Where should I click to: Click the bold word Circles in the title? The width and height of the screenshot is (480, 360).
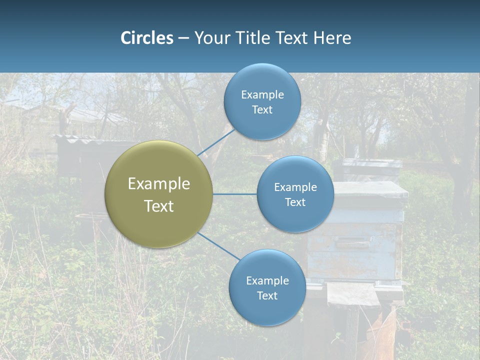click(x=146, y=38)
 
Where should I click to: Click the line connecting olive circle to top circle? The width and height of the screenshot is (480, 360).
click(x=216, y=142)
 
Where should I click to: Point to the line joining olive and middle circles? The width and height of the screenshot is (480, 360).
click(x=234, y=194)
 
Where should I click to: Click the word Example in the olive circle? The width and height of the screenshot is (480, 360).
click(x=158, y=183)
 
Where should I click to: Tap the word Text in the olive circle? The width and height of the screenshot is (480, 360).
click(x=158, y=206)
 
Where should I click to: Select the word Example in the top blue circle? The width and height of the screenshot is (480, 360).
click(x=262, y=94)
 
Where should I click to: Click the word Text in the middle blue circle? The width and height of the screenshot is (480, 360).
click(x=295, y=202)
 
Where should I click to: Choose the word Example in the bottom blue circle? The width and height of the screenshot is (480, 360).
click(x=267, y=280)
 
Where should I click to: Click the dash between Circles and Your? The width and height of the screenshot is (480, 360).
click(x=183, y=38)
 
